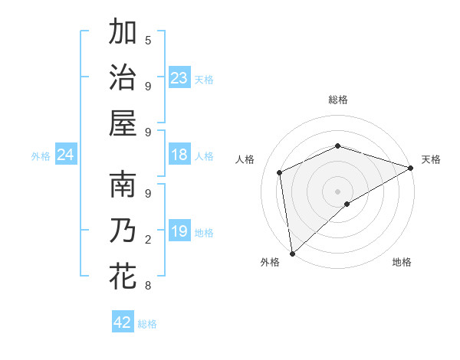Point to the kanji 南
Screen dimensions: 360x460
coord(123,187)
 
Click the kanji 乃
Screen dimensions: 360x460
coord(123,231)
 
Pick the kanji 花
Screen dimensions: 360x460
coord(123,276)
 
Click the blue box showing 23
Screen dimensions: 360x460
coord(179,77)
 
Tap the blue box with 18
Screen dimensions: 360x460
coord(179,155)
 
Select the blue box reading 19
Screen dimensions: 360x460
coord(179,232)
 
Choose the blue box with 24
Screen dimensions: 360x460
coord(66,155)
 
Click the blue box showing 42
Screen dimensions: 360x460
coord(123,322)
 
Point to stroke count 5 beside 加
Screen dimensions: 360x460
coord(148,41)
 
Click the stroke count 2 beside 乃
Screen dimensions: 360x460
coord(148,240)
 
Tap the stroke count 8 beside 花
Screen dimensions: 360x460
coord(148,286)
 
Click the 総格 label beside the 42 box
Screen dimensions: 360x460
coord(147,324)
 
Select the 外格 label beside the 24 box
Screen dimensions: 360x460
coord(41,156)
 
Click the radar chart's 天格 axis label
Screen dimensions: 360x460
coord(431,159)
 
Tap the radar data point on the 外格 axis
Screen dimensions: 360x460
coord(292,253)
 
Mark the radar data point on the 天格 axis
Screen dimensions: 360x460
coord(410,169)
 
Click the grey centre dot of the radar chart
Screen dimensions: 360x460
coord(337,191)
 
